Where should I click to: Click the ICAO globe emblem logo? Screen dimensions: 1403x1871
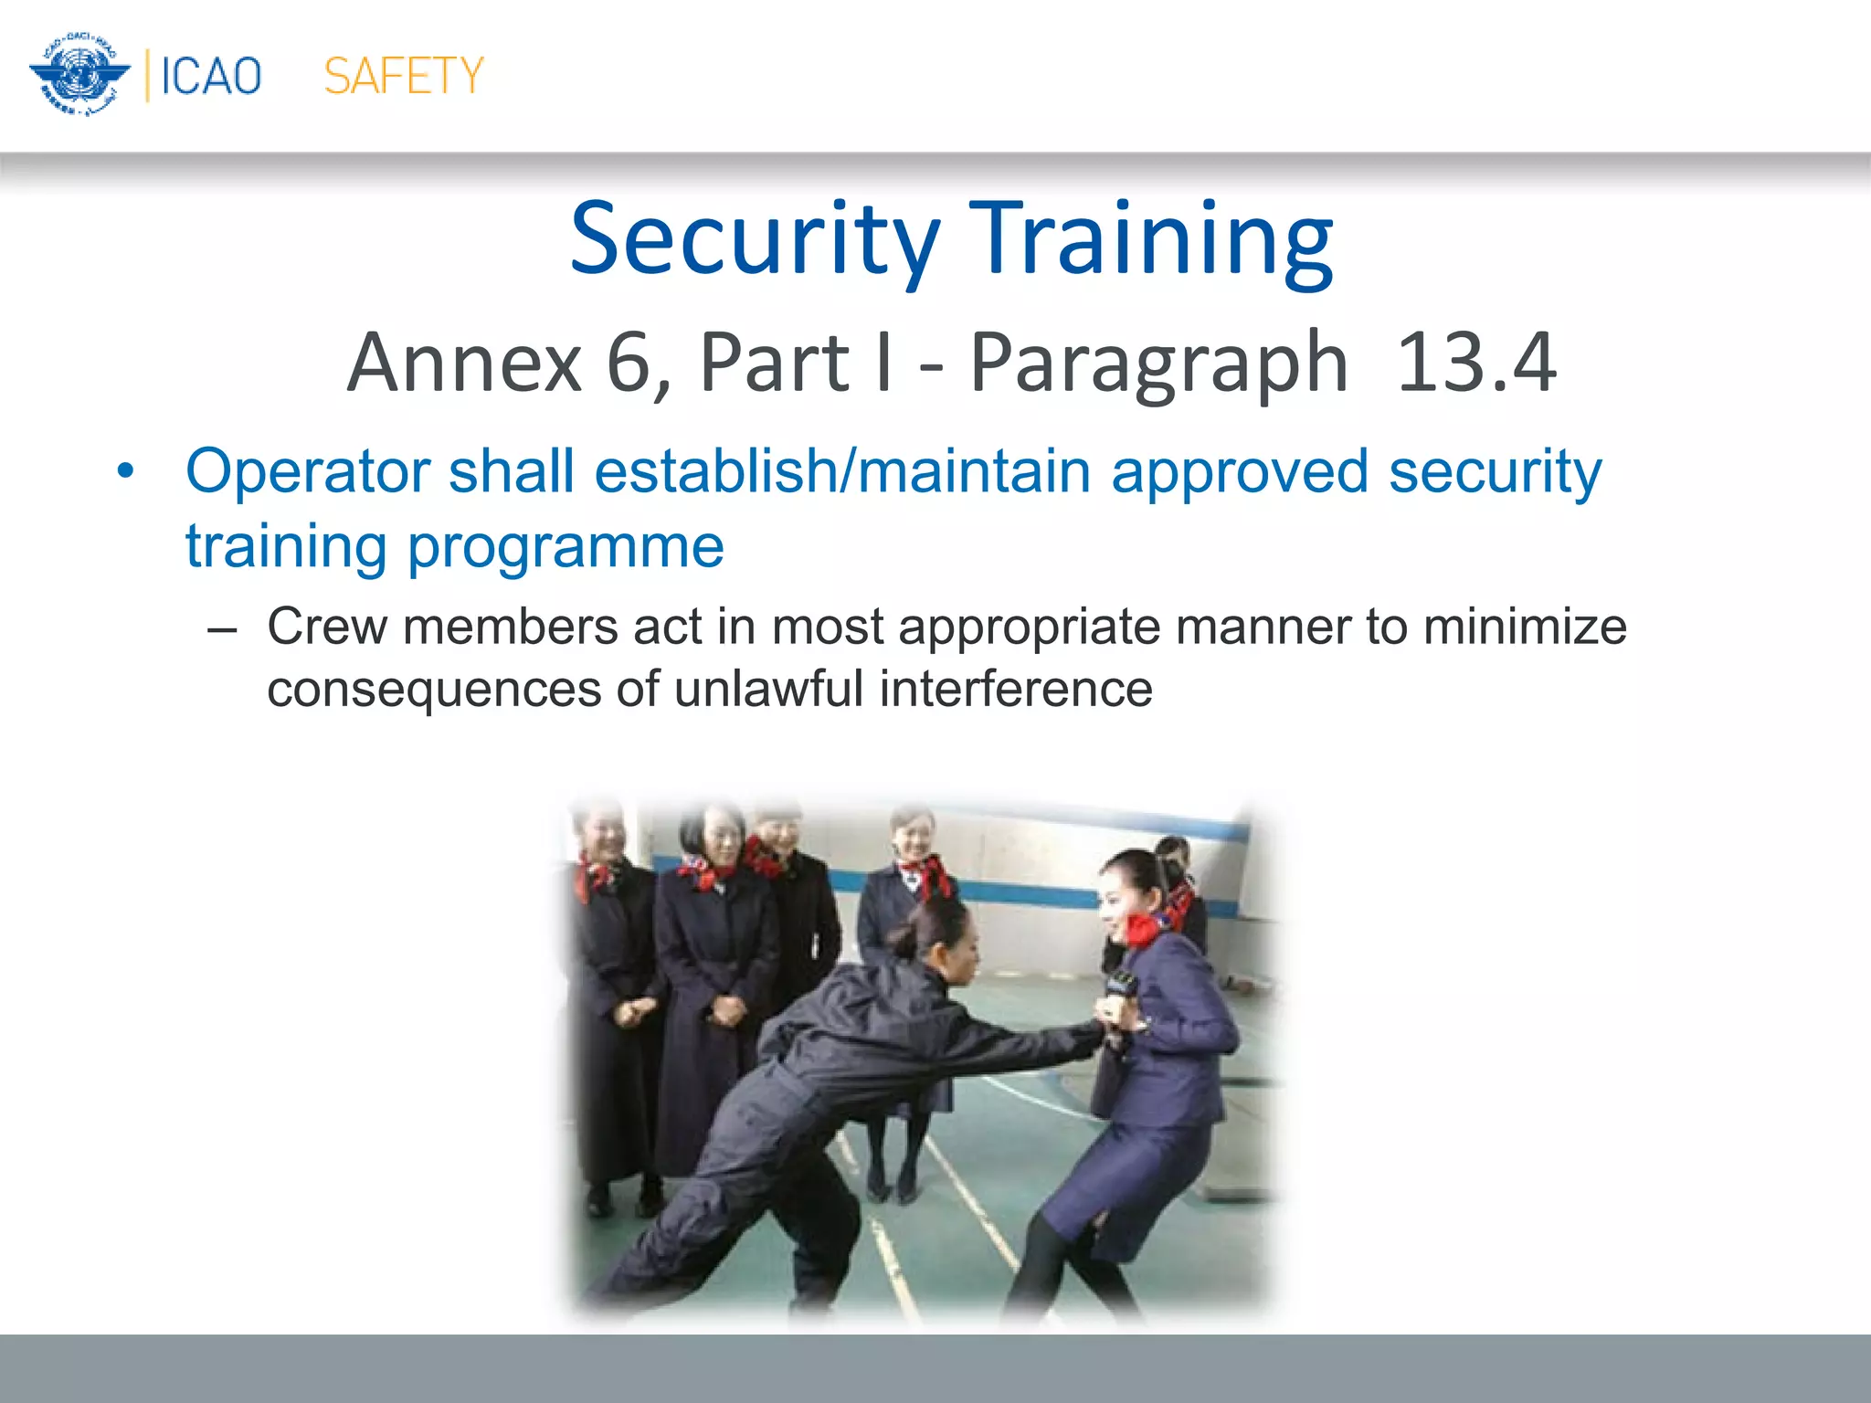click(79, 75)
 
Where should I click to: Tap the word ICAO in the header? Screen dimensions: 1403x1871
click(211, 76)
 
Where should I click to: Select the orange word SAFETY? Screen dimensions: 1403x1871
click(404, 76)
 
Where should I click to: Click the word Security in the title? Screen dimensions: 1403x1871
click(755, 239)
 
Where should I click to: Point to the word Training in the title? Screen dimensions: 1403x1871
click(1150, 239)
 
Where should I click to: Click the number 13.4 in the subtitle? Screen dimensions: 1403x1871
click(1475, 363)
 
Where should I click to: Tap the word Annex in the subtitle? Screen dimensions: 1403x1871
click(464, 363)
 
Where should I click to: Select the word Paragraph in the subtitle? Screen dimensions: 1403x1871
click(1157, 364)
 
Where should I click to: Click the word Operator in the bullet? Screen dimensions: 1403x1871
click(308, 471)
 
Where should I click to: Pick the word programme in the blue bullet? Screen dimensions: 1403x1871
click(566, 547)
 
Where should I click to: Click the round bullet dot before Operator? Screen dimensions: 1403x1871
click(125, 472)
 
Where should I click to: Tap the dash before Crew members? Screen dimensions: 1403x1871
click(222, 629)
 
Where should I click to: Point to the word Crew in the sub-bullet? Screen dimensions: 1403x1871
click(326, 628)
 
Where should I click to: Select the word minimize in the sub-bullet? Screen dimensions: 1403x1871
click(1525, 628)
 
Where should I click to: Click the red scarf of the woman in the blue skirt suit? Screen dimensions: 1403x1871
click(1141, 930)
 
